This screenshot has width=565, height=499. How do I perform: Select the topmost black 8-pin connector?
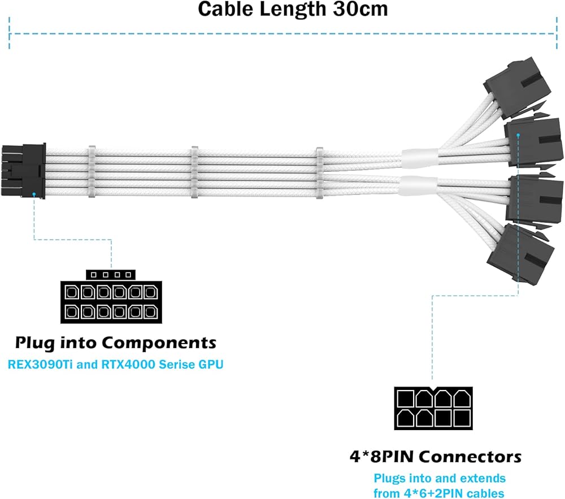click(511, 85)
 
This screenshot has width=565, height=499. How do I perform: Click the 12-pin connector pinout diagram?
click(108, 302)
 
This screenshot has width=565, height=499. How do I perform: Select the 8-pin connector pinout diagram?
click(433, 408)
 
